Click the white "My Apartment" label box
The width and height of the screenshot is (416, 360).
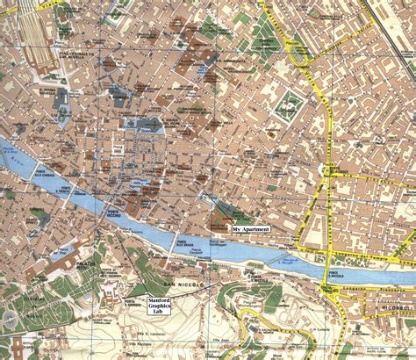(x=251, y=228)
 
